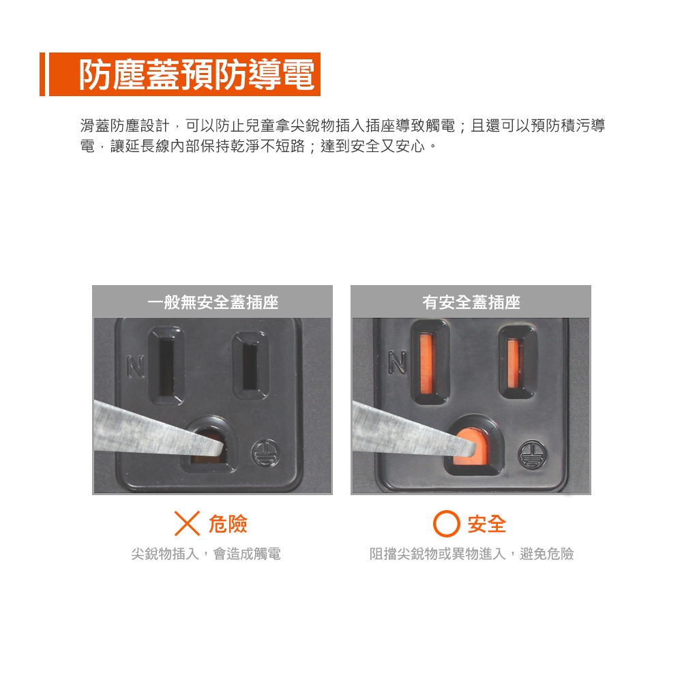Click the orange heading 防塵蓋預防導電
pos(196,74)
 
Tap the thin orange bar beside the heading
pos(42,74)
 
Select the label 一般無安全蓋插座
pos(213,302)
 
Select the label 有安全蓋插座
pos(471,302)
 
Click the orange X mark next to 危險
pos(187,523)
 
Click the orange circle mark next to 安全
pos(446,524)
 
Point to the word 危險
pos(228,524)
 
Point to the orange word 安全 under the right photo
pos(487,524)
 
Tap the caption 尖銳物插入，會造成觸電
pos(206,554)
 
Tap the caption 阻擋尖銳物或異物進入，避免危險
pos(471,554)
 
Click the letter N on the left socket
pos(136,367)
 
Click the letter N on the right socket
pos(397,362)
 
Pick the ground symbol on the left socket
pos(265,453)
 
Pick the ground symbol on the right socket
pos(531,454)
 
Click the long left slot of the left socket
pos(166,366)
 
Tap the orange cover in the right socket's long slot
pos(427,361)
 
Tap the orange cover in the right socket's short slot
pos(514,364)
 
